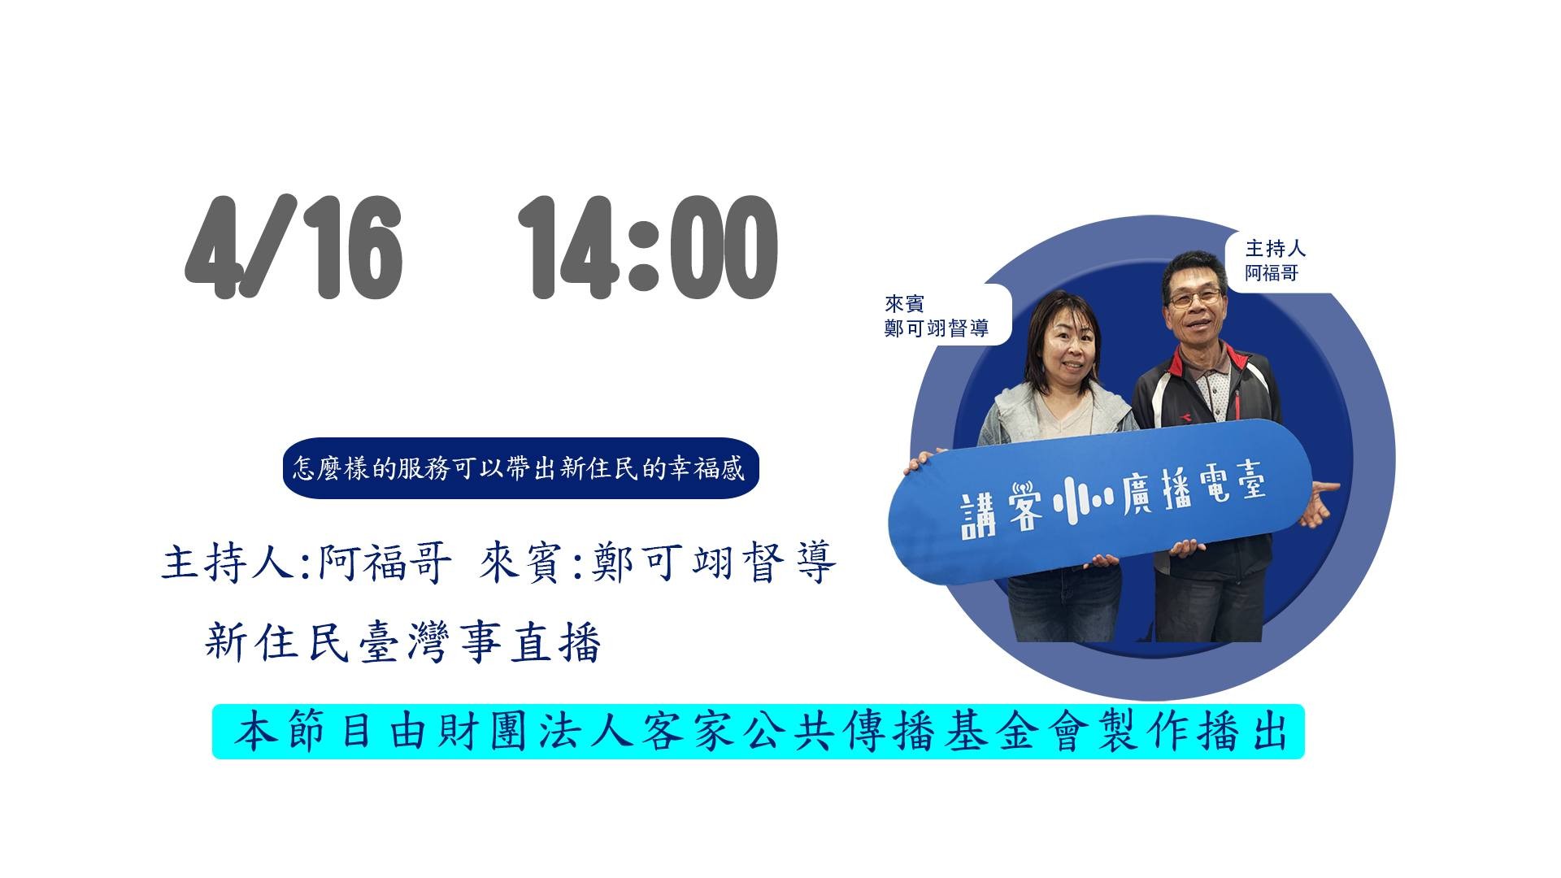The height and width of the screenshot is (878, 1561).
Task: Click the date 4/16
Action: tap(294, 248)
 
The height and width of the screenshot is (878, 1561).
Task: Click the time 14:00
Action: tap(648, 248)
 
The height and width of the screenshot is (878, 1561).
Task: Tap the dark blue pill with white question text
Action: tap(520, 468)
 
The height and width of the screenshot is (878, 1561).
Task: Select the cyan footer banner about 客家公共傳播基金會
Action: tap(758, 732)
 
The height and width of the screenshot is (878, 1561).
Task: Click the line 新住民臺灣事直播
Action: tap(403, 643)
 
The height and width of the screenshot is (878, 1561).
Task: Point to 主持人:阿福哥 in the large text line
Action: tap(306, 563)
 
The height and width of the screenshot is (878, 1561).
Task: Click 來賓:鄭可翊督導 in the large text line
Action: tap(658, 563)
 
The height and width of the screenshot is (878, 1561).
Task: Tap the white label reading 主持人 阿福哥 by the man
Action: tap(1274, 260)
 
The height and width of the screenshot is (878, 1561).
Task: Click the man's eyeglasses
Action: tap(1194, 298)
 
